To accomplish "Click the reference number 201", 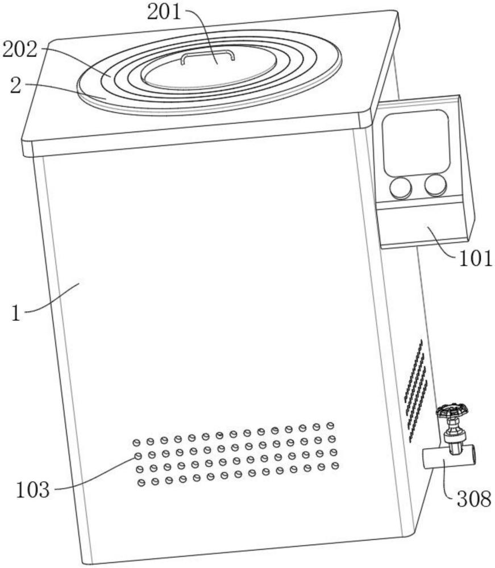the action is (164, 12).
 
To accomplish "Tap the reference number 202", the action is (20, 49).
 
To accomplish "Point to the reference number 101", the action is (476, 258).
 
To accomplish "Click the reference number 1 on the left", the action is (16, 314).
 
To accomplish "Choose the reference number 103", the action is (32, 490).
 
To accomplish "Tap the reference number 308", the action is (474, 499).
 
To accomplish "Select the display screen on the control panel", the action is (417, 143).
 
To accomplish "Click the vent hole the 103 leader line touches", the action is (138, 456).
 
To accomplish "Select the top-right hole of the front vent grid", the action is (330, 425).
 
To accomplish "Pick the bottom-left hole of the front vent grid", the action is (142, 482).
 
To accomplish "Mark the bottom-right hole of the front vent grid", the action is (335, 466).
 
